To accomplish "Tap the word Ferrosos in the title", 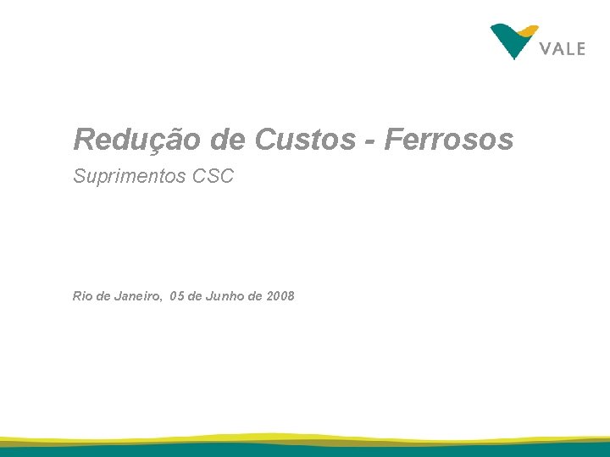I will (x=449, y=140).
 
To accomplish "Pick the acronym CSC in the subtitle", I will (x=213, y=177).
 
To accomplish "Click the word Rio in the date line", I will (x=82, y=296).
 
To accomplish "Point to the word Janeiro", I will (x=136, y=296).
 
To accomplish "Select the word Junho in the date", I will (x=225, y=296).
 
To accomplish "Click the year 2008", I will (x=280, y=296).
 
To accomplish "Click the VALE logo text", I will (x=562, y=48).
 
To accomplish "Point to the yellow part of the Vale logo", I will (x=529, y=30).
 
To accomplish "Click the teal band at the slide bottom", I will (x=305, y=451).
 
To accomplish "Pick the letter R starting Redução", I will (x=83, y=140).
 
